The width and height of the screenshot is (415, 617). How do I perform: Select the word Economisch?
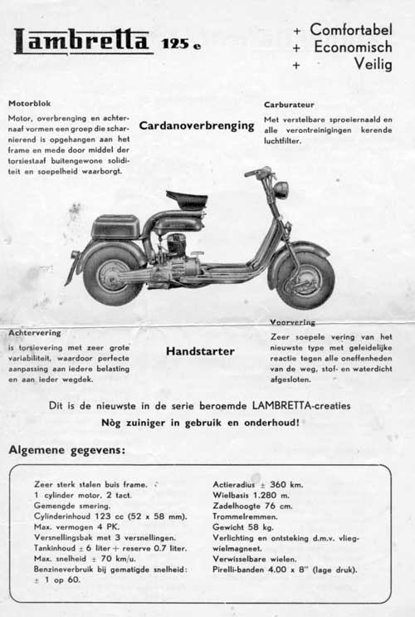tap(353, 47)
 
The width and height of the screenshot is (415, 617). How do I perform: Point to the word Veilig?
tap(373, 66)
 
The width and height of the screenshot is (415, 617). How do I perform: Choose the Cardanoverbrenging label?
tap(197, 126)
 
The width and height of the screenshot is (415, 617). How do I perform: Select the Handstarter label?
tap(200, 351)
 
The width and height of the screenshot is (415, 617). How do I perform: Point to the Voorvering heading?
tap(292, 321)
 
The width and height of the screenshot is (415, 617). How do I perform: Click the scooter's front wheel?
tap(305, 279)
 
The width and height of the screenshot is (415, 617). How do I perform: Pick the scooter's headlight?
tap(281, 189)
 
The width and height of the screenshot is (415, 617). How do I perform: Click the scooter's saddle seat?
tap(187, 200)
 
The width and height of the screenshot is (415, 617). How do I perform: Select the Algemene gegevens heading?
tap(67, 451)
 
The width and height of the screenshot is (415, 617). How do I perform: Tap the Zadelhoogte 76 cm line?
tap(253, 506)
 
